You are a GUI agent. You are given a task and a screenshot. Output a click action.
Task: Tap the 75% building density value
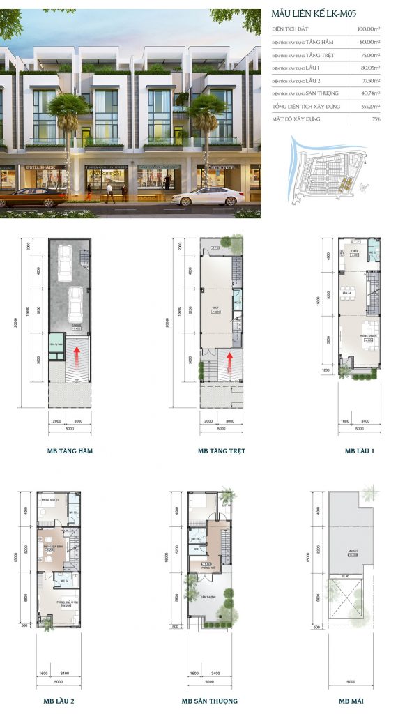point(376,119)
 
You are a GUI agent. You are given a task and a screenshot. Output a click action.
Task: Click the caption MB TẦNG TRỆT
point(221,451)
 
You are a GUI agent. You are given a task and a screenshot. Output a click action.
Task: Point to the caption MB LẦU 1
point(359,451)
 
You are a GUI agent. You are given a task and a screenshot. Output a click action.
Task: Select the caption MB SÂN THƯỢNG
point(209,701)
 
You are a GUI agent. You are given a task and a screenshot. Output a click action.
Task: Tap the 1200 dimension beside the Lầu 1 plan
point(325,372)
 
